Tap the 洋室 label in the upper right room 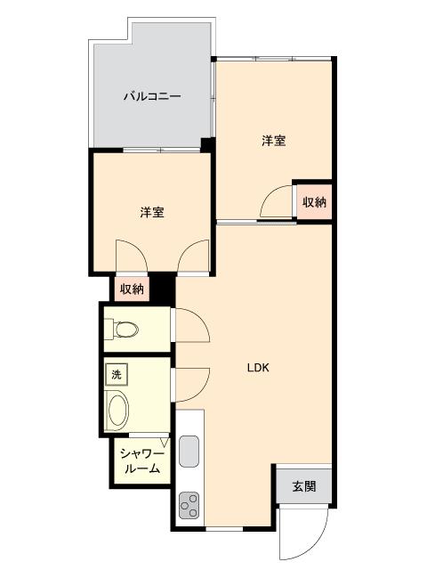tap(273, 141)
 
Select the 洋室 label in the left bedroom tap(151, 213)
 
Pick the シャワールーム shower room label tap(141, 461)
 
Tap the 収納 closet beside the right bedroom tap(314, 202)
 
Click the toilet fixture tap(123, 330)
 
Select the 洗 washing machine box tap(115, 375)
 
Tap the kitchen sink tap(189, 452)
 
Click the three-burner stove tap(189, 506)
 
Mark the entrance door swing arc tap(303, 535)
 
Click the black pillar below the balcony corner tap(207, 144)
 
